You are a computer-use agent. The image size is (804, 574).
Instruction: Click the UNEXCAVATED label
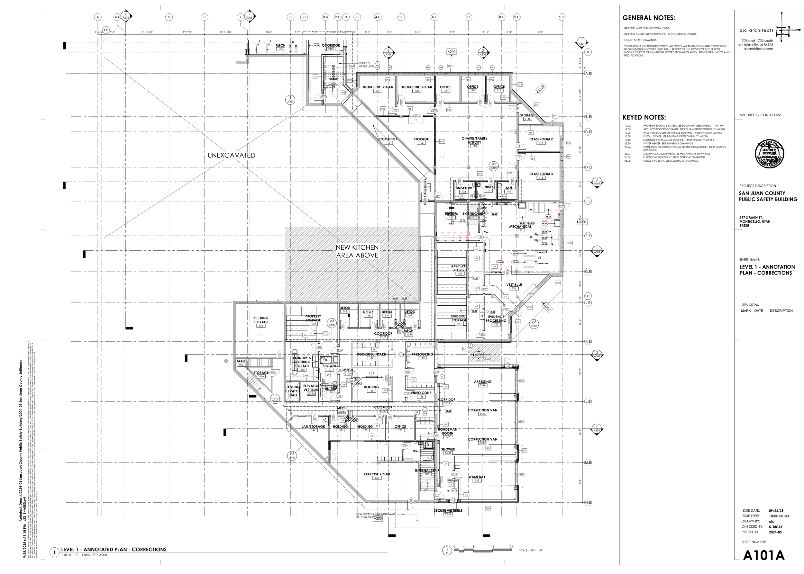[x=231, y=155]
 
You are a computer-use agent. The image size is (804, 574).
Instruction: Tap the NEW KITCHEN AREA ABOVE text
[x=357, y=251]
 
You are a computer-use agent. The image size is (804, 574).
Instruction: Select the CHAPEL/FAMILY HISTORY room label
[x=474, y=140]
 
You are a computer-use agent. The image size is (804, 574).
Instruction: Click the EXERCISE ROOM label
[x=377, y=474]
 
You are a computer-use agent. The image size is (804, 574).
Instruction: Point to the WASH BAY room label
[x=477, y=477]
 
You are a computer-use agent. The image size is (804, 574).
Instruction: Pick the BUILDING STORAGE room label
[x=261, y=320]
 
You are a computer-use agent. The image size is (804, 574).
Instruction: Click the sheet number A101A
[x=764, y=556]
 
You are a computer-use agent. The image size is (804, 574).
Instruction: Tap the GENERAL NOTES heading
[x=649, y=18]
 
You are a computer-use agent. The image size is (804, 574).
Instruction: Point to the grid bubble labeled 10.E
[x=562, y=17]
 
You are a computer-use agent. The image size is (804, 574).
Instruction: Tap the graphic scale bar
[x=483, y=550]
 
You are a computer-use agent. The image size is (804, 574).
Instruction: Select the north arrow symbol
[x=447, y=550]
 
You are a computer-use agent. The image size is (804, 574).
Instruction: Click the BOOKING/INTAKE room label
[x=371, y=354]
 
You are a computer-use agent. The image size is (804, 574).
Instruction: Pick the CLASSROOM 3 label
[x=541, y=174]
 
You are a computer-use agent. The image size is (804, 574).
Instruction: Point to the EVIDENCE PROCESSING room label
[x=496, y=319]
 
